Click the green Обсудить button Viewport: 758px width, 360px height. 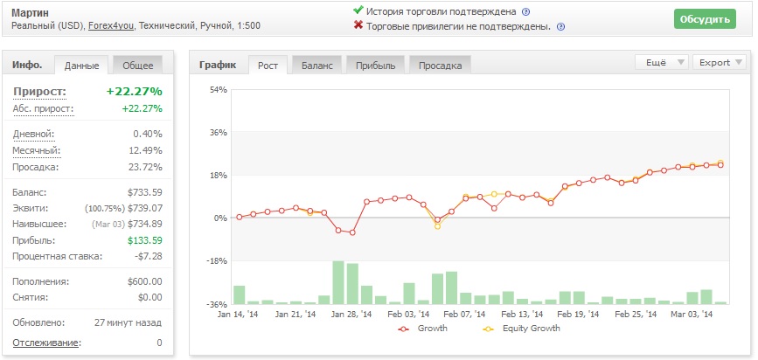705,19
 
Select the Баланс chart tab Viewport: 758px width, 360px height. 317,66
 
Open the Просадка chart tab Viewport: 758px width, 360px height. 440,66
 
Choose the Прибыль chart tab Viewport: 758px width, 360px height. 376,66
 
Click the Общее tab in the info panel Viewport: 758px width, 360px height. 138,66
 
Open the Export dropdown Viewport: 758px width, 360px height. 720,62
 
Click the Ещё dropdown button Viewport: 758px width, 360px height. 661,62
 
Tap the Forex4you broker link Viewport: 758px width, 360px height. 111,25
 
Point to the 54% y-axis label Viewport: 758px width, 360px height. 218,89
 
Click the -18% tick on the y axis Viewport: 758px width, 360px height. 217,261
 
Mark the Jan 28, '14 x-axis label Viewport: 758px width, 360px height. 351,314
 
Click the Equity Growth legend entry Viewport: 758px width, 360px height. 522,329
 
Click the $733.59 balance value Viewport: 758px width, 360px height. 145,192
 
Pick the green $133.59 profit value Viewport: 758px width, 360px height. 145,240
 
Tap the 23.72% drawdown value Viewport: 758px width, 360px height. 148,167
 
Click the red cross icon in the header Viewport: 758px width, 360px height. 358,25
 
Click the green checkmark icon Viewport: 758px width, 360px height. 358,10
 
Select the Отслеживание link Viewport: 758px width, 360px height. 46,343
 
